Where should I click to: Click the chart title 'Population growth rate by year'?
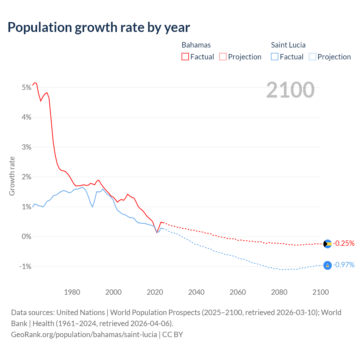(x=99, y=27)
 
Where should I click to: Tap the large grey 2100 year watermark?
(x=290, y=90)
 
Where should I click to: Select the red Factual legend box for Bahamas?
(x=185, y=57)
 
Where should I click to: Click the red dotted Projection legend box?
(x=223, y=57)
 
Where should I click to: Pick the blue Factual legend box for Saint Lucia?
(x=275, y=57)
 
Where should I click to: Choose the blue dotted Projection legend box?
(x=312, y=57)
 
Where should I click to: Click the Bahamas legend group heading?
(x=196, y=45)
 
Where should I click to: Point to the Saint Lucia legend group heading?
(x=288, y=45)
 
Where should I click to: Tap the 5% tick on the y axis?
(x=26, y=87)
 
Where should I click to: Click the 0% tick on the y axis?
(x=26, y=236)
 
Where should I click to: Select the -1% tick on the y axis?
(x=25, y=266)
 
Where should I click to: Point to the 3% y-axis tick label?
(x=26, y=147)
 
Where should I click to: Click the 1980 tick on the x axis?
(x=72, y=292)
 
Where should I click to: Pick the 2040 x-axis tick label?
(x=196, y=292)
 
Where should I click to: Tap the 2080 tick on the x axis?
(x=279, y=292)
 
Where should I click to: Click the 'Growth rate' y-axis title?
(x=12, y=176)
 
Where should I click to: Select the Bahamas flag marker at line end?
(x=327, y=244)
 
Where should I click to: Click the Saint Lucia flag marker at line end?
(x=327, y=265)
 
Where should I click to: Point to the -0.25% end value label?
(x=344, y=243)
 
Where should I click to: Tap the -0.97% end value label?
(x=344, y=265)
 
